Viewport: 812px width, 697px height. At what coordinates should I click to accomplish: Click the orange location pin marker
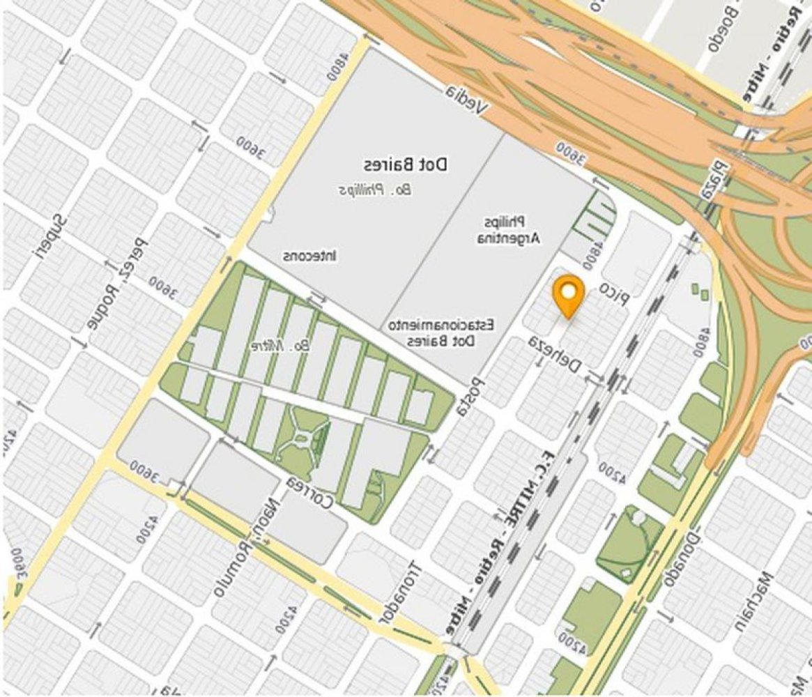click(568, 295)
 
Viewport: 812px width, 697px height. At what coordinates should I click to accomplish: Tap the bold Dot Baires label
click(405, 165)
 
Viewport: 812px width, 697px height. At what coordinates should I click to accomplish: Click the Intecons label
click(310, 256)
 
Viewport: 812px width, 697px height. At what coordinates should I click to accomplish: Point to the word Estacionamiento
click(441, 325)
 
